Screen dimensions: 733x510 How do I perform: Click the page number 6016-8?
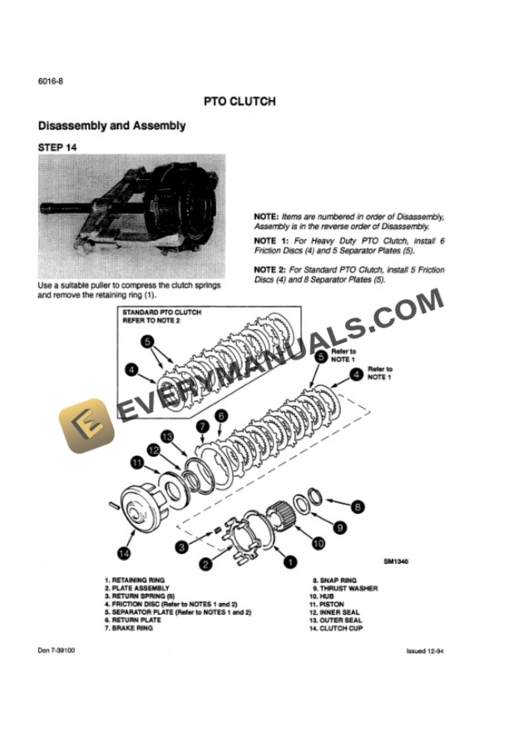click(51, 81)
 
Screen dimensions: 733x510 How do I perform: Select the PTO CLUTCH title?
click(240, 102)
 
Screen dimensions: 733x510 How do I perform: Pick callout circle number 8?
click(357, 505)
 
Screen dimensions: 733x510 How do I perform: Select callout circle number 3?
click(181, 546)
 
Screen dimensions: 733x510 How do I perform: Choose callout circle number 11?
click(137, 461)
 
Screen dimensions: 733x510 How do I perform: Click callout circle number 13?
click(167, 436)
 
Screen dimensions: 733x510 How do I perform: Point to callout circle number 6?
click(221, 415)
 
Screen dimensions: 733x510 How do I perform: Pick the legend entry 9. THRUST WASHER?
click(344, 588)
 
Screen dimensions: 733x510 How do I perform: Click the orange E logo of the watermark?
click(83, 424)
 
